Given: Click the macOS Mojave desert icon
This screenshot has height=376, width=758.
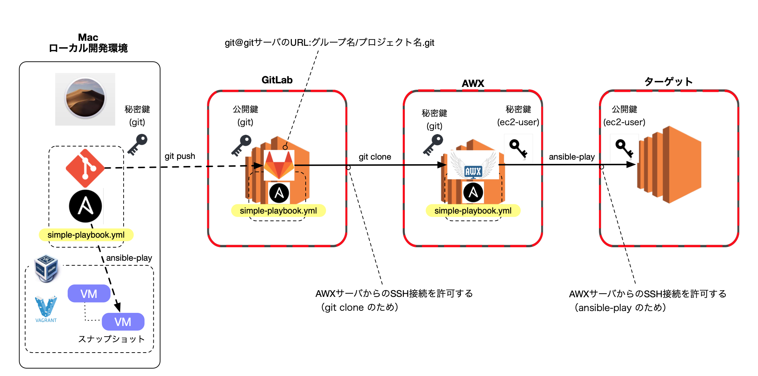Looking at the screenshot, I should click(x=85, y=99).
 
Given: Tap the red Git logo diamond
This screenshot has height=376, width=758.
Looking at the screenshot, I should click(x=85, y=168).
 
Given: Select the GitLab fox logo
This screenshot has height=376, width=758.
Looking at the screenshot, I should click(x=279, y=165).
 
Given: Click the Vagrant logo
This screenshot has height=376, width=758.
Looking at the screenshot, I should click(x=46, y=309).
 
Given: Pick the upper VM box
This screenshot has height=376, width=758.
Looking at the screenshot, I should click(x=89, y=294).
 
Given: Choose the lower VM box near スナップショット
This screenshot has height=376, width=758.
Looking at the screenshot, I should click(x=123, y=322).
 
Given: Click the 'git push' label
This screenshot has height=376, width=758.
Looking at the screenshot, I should click(x=180, y=156).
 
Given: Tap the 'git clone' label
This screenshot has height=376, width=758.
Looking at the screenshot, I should click(x=375, y=157).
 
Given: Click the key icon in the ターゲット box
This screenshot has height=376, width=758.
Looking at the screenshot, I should click(x=624, y=148).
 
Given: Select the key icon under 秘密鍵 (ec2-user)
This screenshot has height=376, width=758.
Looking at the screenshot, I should click(x=518, y=148).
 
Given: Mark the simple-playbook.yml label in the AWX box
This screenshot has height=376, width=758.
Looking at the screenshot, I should click(x=473, y=211).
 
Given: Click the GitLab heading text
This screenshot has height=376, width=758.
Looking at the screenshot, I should click(x=277, y=80).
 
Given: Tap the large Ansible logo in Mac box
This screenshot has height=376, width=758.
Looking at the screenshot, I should click(x=85, y=206).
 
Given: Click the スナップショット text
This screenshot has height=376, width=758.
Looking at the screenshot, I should click(x=112, y=339).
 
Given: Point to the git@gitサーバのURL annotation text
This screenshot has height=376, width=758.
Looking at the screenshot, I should click(x=329, y=43).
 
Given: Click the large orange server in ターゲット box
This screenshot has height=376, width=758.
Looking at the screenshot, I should click(x=669, y=165).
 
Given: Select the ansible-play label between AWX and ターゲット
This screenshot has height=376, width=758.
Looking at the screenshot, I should click(x=572, y=157).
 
